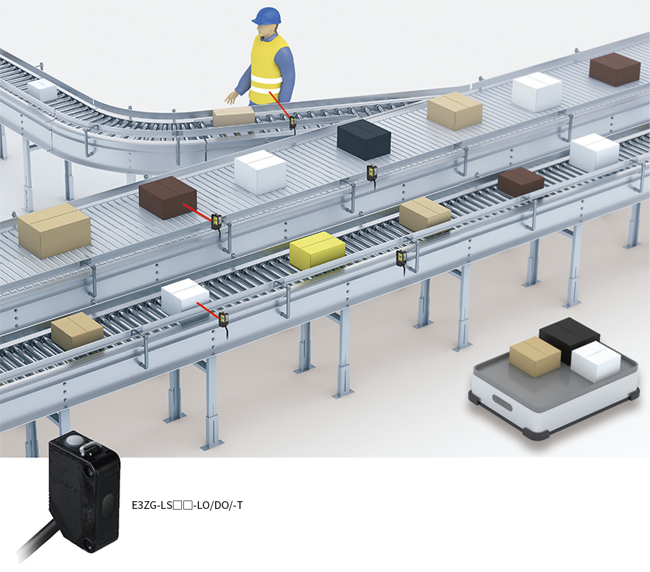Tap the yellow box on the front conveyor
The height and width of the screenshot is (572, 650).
click(x=317, y=250)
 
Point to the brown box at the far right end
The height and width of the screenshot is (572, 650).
click(x=614, y=69)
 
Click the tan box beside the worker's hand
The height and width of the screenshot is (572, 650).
click(x=233, y=116)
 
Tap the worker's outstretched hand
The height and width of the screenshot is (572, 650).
click(x=231, y=99)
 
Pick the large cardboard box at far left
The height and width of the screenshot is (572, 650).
click(x=54, y=230)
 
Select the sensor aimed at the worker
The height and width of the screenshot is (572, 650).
click(x=293, y=122)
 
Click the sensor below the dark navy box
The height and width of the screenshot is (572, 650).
click(x=372, y=173)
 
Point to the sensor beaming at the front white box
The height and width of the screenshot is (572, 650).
click(x=224, y=318)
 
